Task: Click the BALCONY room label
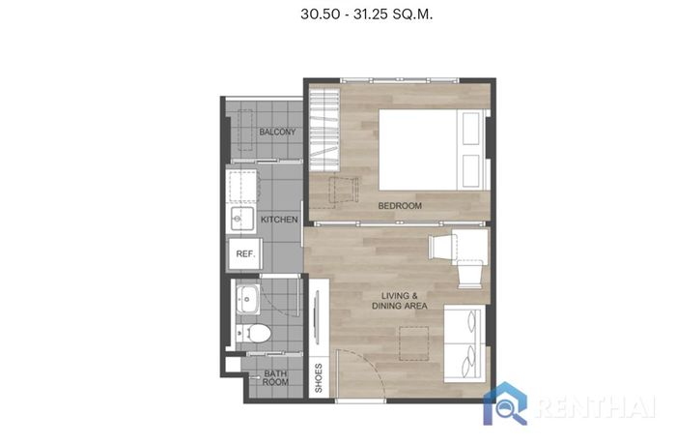(277, 132)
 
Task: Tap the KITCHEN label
(279, 220)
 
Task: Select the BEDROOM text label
(400, 206)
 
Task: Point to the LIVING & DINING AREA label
(399, 301)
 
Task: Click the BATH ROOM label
(275, 377)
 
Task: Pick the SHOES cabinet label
(319, 378)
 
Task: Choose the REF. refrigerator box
(245, 254)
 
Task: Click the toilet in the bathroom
(253, 333)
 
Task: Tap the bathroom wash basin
(247, 299)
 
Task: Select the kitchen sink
(241, 219)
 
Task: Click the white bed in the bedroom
(434, 150)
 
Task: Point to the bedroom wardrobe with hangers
(324, 130)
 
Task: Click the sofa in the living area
(465, 343)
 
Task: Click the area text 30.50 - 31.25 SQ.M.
(366, 15)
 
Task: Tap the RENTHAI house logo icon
(505, 403)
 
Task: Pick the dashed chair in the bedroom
(344, 191)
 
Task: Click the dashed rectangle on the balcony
(245, 130)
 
